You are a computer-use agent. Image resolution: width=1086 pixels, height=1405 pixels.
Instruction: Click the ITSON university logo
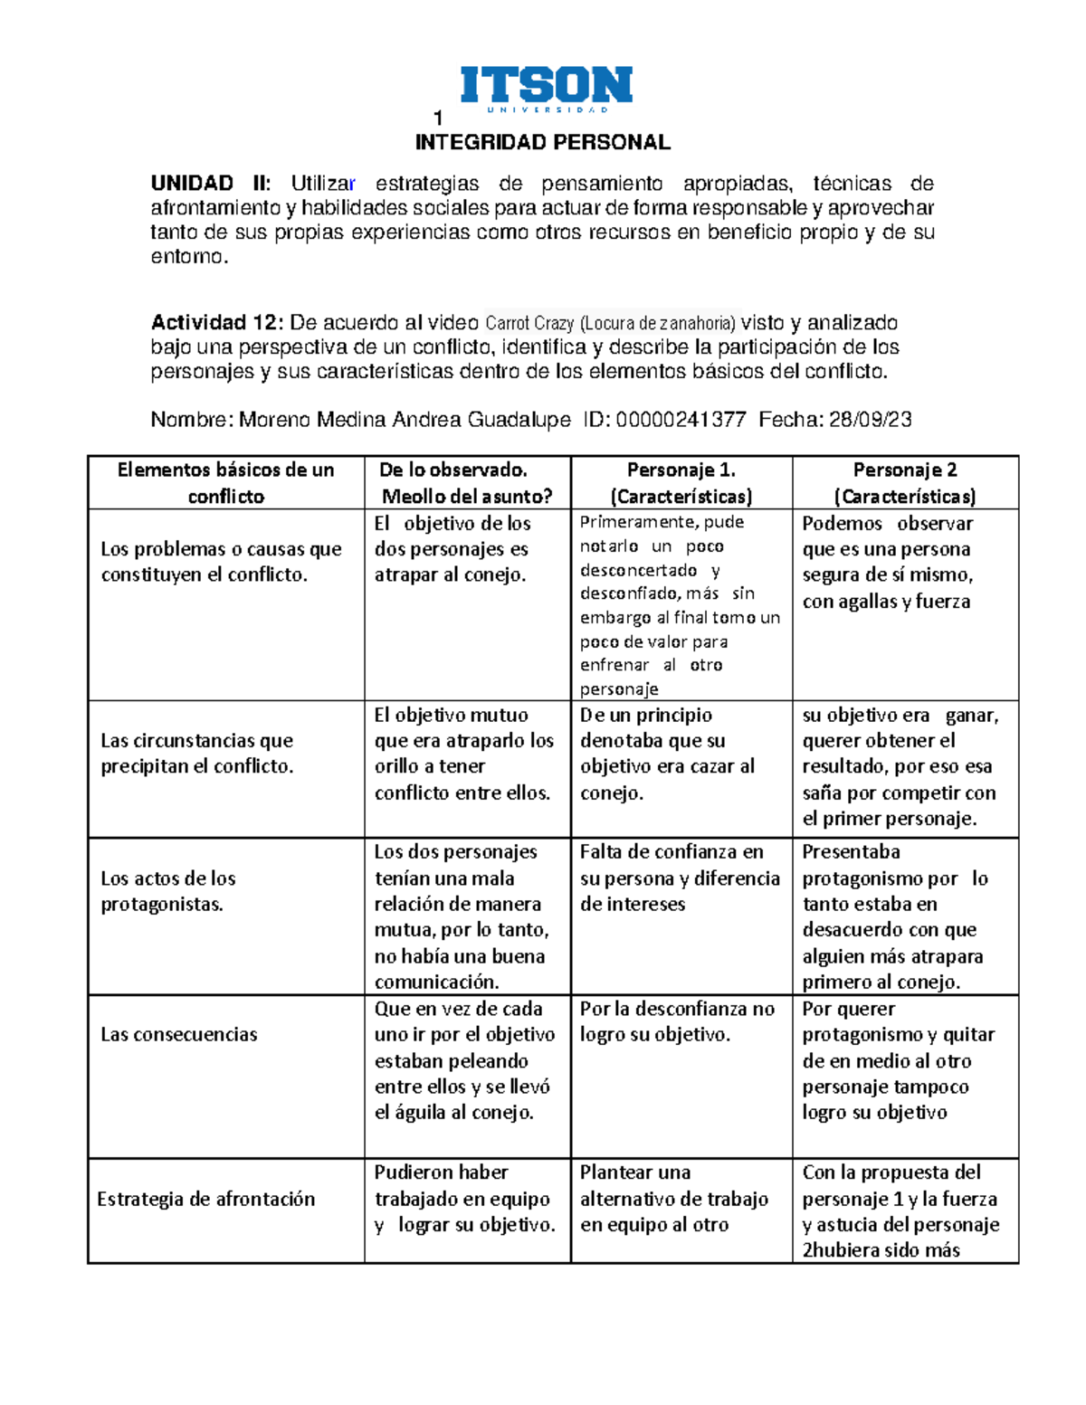click(546, 89)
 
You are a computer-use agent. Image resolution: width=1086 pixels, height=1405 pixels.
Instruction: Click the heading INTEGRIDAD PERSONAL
click(542, 143)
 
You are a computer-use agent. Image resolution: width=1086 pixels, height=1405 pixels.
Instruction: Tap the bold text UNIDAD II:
click(210, 184)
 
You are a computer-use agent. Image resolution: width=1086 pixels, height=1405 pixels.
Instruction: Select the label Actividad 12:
click(217, 323)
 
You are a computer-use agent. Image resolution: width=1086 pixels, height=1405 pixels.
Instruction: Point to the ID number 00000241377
click(681, 420)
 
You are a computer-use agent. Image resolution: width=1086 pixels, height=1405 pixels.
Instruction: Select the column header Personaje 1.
click(681, 470)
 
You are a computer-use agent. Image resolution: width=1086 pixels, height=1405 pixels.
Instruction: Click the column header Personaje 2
click(904, 470)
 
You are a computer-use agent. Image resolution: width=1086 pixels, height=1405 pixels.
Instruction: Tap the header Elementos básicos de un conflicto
click(225, 482)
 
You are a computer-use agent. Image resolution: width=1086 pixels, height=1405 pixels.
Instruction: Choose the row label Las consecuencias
click(178, 1034)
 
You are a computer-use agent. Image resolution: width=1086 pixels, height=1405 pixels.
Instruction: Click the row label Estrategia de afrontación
click(205, 1199)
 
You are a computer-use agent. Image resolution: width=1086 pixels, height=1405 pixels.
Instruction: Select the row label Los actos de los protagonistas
click(168, 891)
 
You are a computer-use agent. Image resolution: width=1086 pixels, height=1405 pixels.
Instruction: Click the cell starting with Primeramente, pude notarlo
click(680, 604)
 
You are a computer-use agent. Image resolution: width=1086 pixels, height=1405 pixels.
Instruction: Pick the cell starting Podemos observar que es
click(888, 562)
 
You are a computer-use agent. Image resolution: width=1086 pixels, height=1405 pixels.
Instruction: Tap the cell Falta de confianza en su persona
click(680, 878)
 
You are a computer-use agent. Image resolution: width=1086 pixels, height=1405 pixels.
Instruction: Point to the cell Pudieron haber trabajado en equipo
click(465, 1199)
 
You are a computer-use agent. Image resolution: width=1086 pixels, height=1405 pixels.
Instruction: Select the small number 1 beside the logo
click(438, 119)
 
